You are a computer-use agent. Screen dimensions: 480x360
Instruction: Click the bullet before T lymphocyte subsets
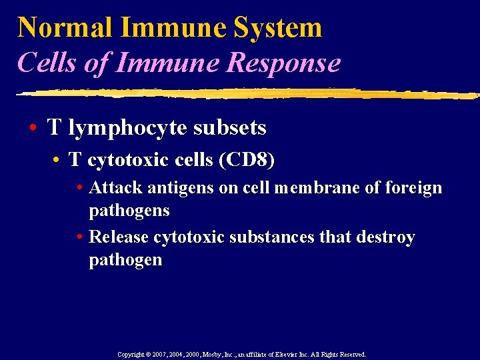pyautogui.click(x=33, y=127)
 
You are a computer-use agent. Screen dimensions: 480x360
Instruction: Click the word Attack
pyautogui.click(x=115, y=188)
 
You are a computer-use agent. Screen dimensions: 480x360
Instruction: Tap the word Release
pyautogui.click(x=119, y=237)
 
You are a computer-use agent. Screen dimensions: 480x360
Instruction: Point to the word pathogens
pyautogui.click(x=129, y=211)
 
